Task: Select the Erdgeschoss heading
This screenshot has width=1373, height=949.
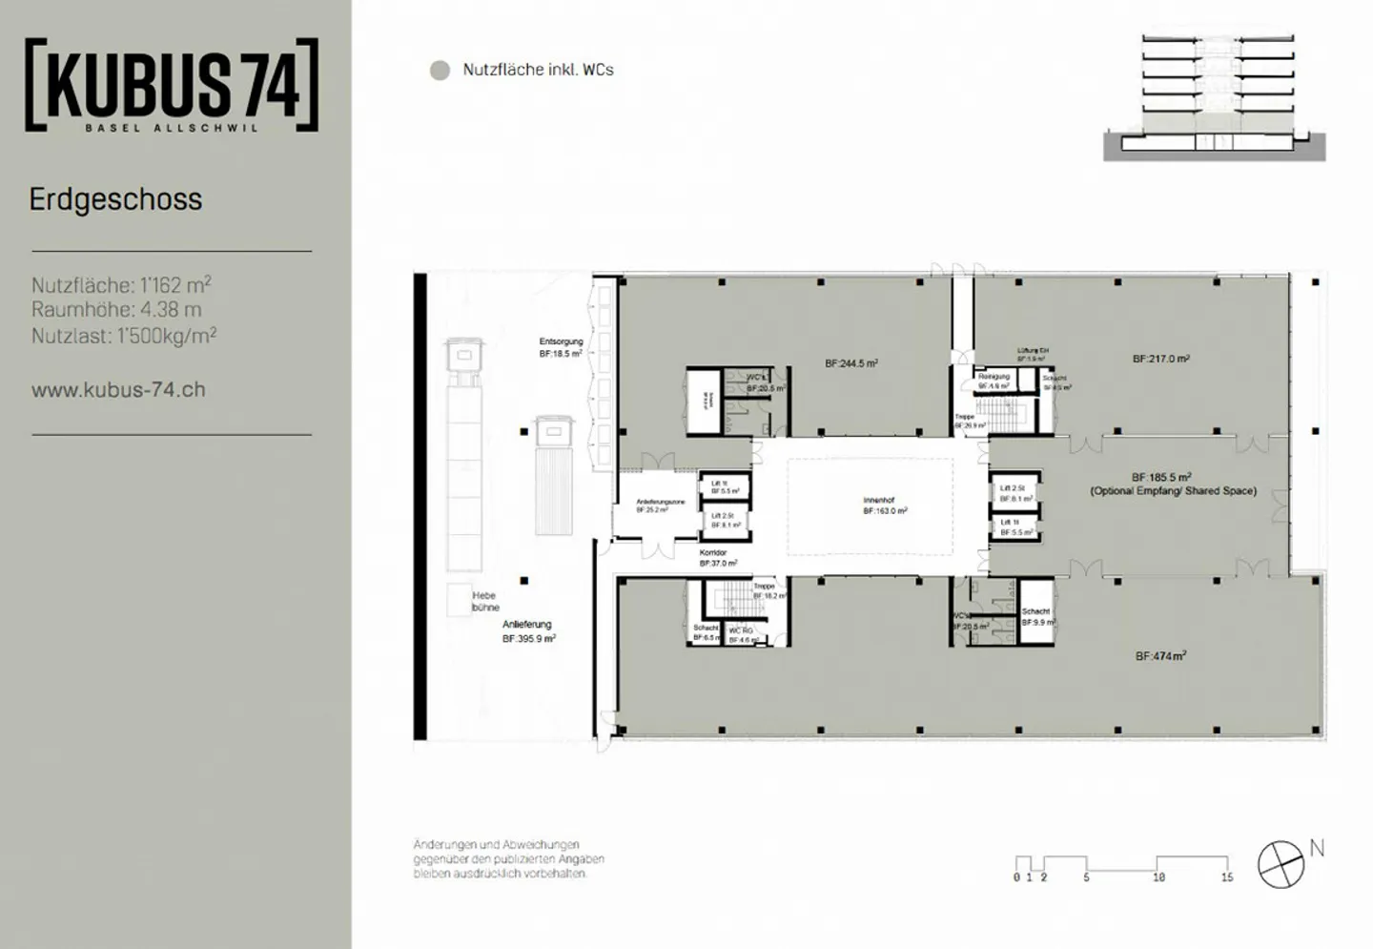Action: tap(115, 199)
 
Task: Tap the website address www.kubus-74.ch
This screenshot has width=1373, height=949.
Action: tap(118, 389)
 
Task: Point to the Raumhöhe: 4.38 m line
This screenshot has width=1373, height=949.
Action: tap(116, 310)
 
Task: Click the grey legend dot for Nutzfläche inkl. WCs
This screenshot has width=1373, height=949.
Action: tap(440, 71)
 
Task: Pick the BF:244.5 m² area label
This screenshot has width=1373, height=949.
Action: tap(851, 363)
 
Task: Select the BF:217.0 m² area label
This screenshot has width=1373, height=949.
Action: tap(1160, 360)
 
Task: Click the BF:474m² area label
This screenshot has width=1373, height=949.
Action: tap(1160, 656)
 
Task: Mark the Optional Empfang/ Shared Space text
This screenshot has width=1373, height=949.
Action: tap(1173, 491)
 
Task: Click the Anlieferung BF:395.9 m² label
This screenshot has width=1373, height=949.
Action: tap(528, 631)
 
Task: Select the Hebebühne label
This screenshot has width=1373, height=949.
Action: tap(485, 601)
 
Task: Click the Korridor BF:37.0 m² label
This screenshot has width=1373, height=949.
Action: tap(717, 558)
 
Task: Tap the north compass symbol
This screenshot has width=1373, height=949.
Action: tap(1281, 864)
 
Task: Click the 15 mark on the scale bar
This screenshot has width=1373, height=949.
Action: tap(1227, 877)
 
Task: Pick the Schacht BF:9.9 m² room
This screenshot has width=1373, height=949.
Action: tap(1036, 616)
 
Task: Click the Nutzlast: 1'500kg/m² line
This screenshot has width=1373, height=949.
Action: tap(124, 336)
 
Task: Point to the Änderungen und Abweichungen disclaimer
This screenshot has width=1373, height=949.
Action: tap(508, 858)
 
